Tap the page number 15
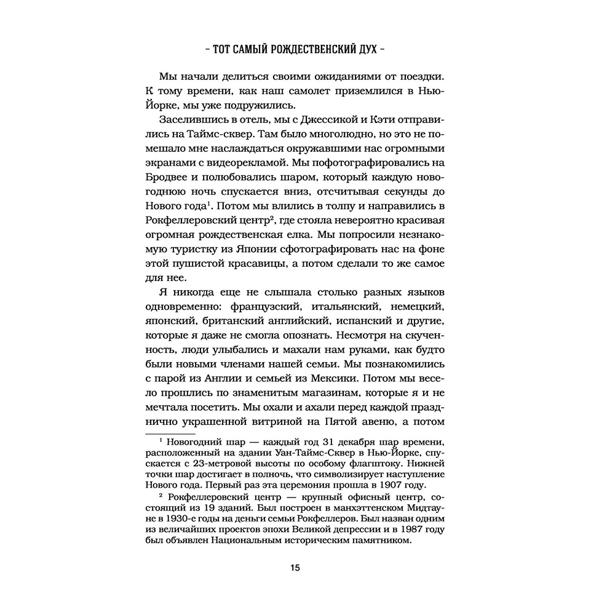(x=295, y=567)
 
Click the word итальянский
(x=350, y=306)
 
